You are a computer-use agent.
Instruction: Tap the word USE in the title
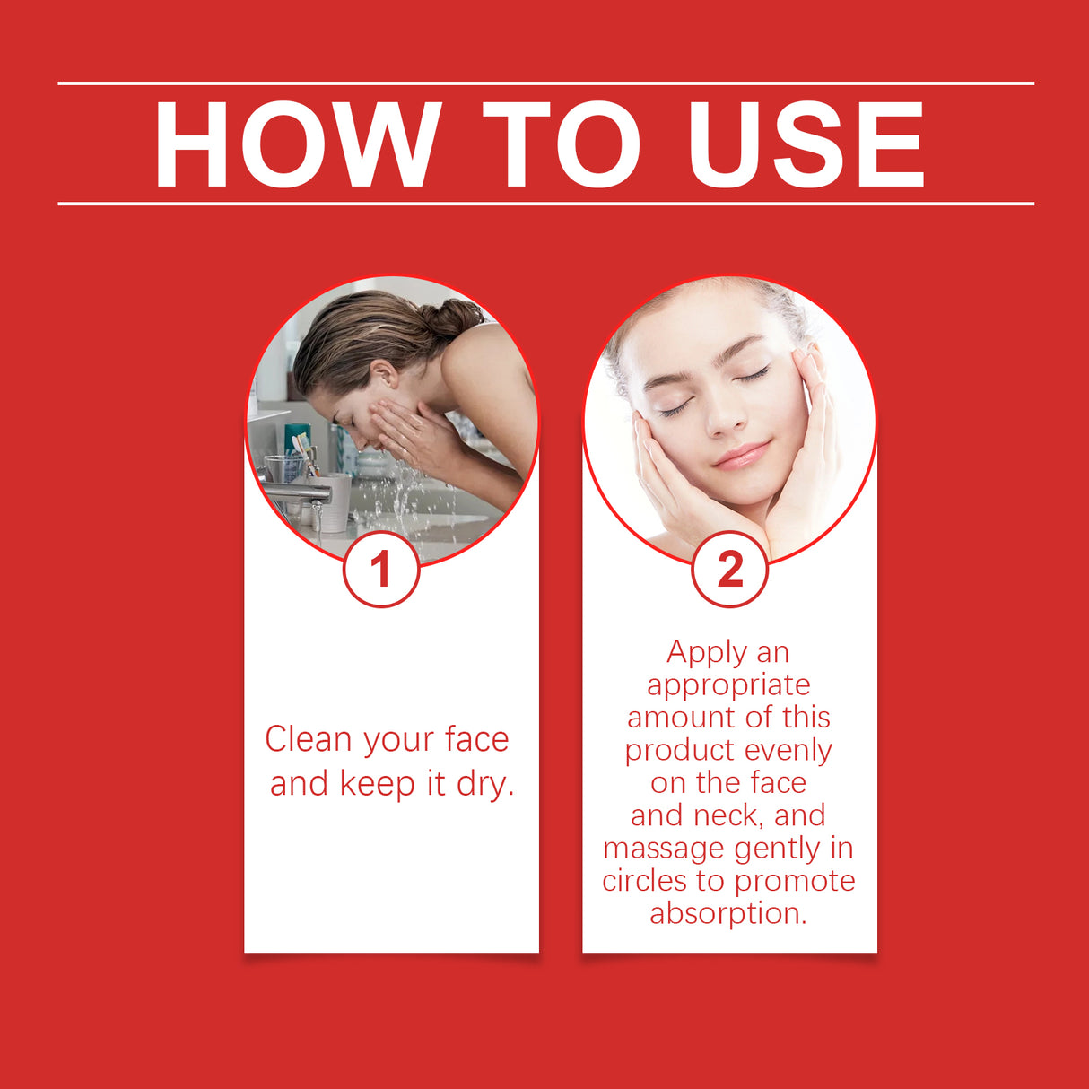coord(805,145)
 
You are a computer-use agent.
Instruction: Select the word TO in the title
coord(562,145)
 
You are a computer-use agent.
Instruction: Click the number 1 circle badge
coord(381,570)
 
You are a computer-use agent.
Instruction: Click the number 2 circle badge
coord(729,570)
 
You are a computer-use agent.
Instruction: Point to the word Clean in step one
coord(308,740)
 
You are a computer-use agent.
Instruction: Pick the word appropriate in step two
coord(728,685)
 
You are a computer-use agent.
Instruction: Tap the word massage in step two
coord(664,849)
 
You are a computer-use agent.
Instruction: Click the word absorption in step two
coord(728,913)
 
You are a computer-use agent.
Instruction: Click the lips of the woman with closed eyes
coord(741,455)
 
